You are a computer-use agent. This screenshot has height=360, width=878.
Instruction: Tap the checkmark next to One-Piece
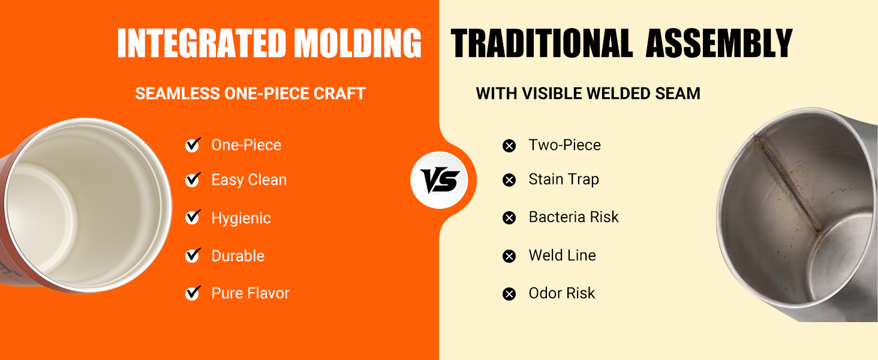click(193, 145)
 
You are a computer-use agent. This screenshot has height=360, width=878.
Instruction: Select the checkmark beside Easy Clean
click(193, 180)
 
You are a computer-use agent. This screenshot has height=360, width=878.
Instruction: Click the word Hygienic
click(241, 218)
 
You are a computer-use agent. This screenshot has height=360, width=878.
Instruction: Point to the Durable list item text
click(238, 256)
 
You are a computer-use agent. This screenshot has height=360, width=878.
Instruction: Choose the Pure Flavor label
click(250, 293)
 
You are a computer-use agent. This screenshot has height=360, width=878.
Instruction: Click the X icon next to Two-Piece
click(509, 146)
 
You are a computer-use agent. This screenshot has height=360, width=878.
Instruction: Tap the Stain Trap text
click(564, 179)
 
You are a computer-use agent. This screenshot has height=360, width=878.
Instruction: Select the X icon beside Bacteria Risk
click(509, 218)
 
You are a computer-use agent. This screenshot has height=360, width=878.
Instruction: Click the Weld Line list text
click(562, 256)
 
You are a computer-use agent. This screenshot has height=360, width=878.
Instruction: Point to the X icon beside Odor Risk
click(509, 294)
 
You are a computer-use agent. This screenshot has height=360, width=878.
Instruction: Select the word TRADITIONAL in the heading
click(542, 43)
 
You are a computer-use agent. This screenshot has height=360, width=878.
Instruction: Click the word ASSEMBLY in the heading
click(719, 43)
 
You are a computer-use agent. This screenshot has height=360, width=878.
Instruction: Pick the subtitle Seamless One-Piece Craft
click(250, 94)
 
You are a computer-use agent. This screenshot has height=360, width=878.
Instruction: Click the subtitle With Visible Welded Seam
click(588, 94)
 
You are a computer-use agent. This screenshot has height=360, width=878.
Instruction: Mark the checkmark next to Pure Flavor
click(193, 293)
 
